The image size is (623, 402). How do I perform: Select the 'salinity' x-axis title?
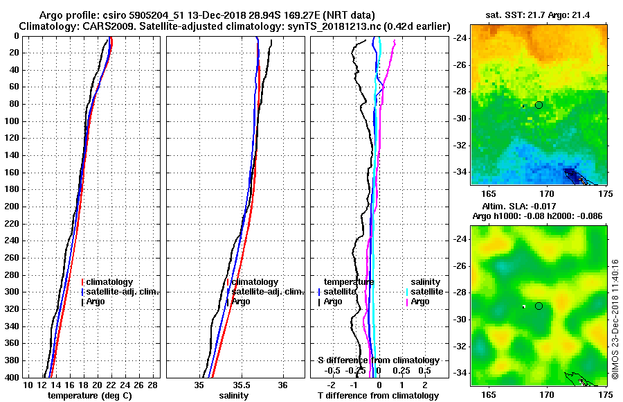pos(233,395)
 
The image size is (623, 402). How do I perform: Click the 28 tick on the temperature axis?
pos(154,385)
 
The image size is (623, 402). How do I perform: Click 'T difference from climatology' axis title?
pos(378,395)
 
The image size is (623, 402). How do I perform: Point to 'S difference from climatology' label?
pos(378,360)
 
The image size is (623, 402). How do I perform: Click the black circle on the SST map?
pos(539,105)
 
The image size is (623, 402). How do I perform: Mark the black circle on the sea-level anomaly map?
pos(539,306)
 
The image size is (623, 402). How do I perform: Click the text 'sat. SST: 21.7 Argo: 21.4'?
pos(539,15)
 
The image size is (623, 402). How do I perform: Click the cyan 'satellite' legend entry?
pos(425,292)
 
